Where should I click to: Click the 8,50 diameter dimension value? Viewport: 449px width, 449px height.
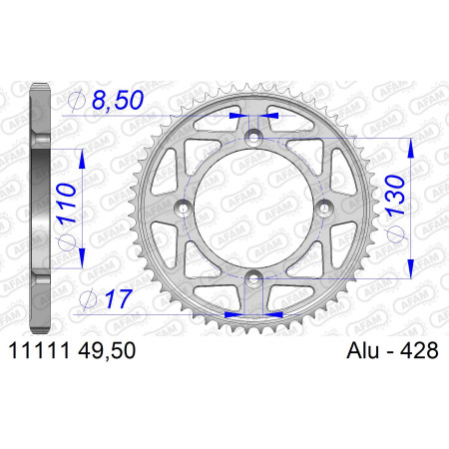coord(118,100)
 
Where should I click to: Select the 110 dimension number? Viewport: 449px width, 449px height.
coord(66,204)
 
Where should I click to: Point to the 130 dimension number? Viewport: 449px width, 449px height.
coord(395,196)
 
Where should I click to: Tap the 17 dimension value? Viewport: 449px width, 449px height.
coord(119,298)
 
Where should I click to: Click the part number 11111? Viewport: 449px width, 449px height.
coord(40,350)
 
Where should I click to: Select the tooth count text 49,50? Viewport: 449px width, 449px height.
coord(107,350)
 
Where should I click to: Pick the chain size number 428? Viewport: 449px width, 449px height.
coord(419,350)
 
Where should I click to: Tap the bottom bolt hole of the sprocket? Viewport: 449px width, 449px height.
coord(253,278)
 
